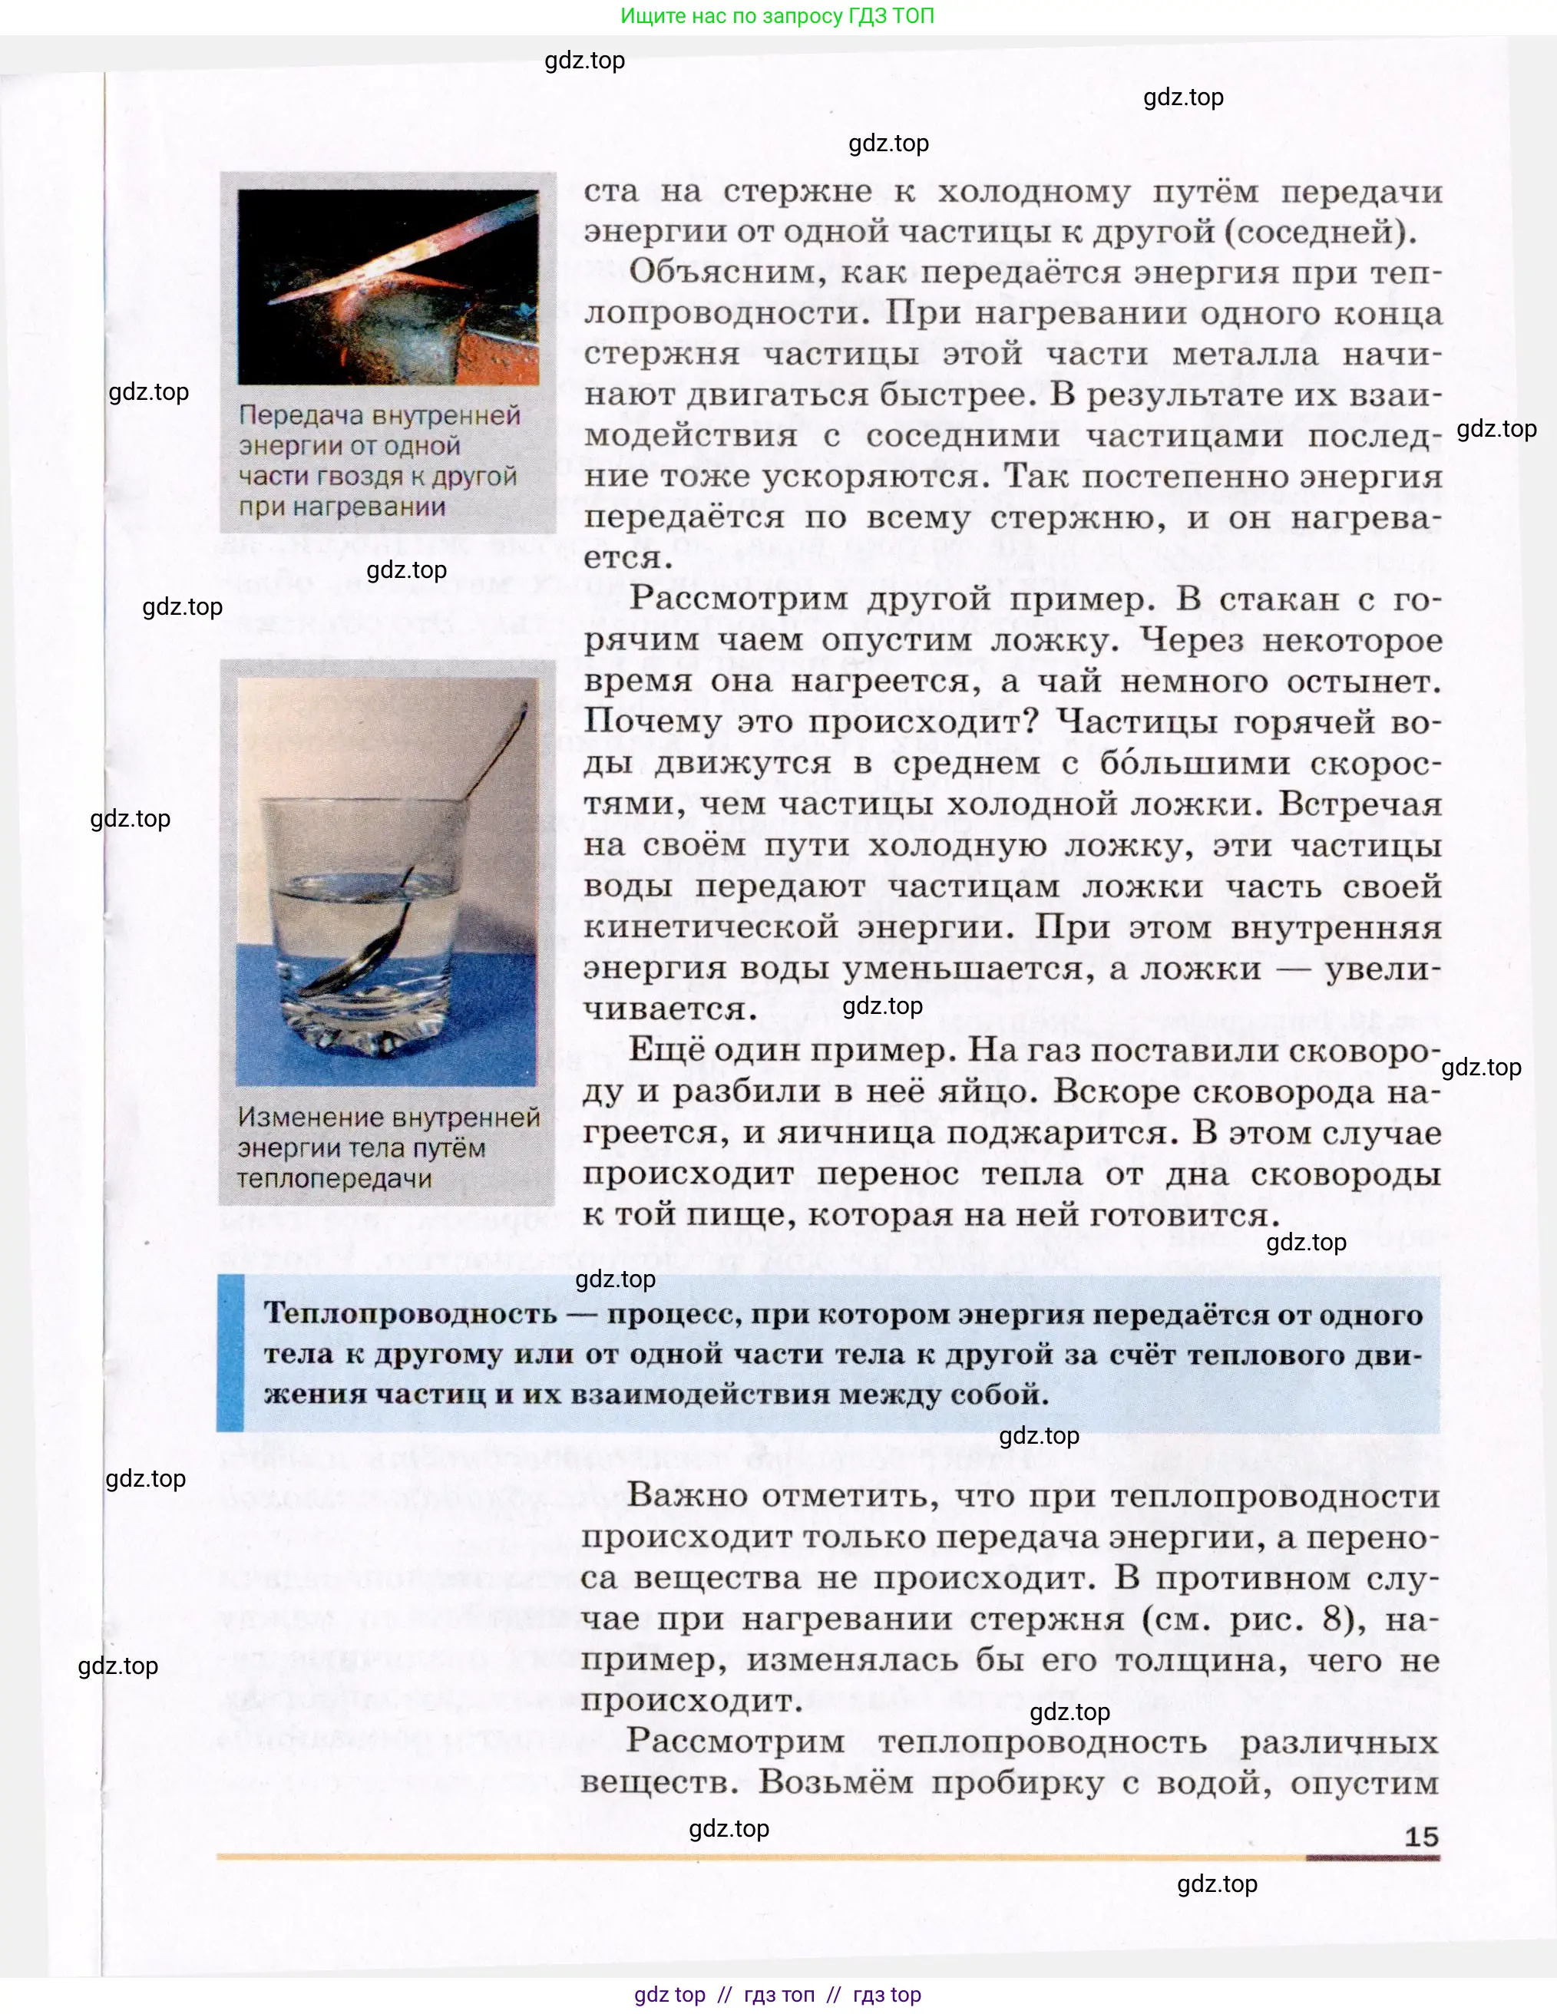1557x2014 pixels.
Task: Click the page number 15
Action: tap(1420, 1836)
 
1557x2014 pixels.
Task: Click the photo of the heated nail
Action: tap(388, 287)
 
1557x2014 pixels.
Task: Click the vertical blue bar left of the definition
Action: tap(230, 1353)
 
